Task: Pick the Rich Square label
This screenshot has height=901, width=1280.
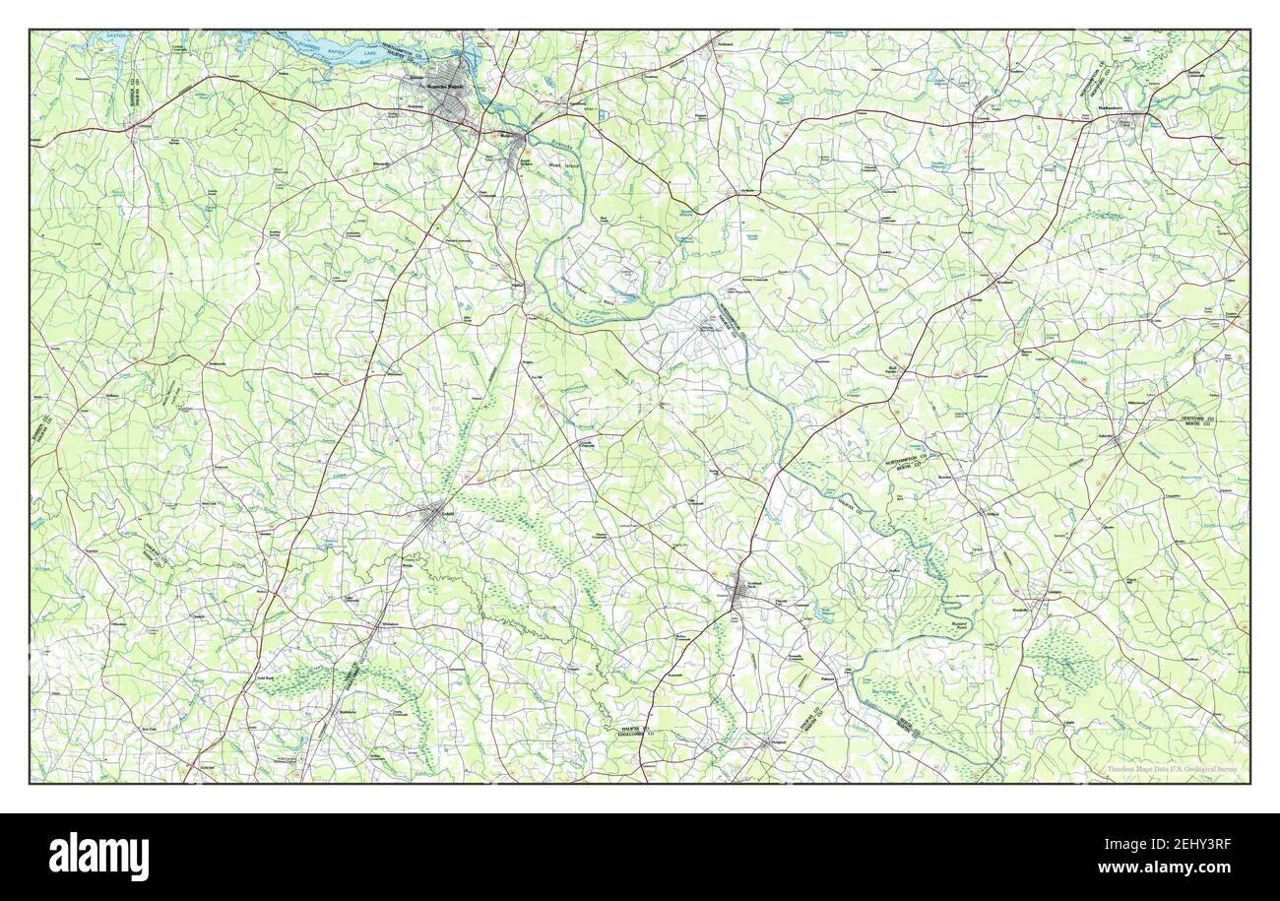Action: (x=892, y=370)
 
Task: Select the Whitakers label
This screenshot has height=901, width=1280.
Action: (x=391, y=623)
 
